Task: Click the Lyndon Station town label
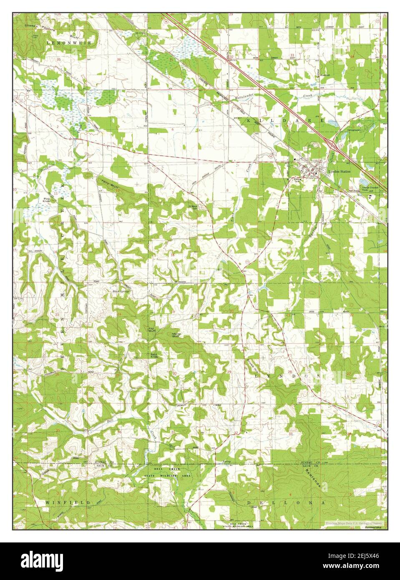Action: [339, 171]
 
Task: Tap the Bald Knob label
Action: [154, 356]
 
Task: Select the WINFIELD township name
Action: [68, 503]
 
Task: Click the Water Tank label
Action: [297, 180]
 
